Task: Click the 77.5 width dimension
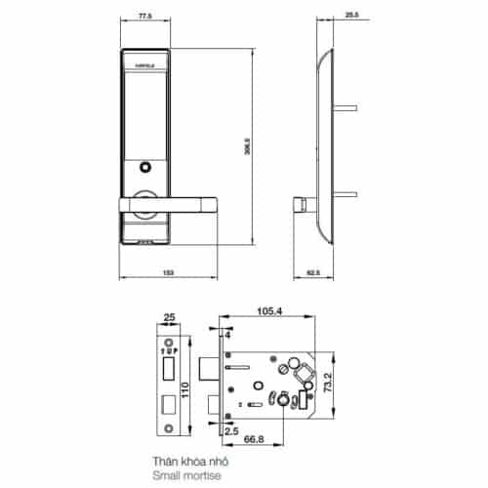tap(146, 17)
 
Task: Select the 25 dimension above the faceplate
tap(169, 316)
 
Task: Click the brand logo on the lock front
tap(143, 67)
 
